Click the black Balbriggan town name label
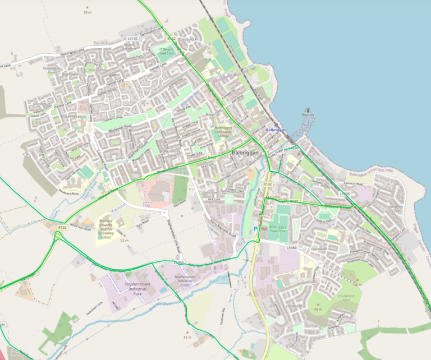246,153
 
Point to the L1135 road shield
132,38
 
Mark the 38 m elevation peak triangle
86,7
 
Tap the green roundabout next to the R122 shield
58,236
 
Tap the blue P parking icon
256,229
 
